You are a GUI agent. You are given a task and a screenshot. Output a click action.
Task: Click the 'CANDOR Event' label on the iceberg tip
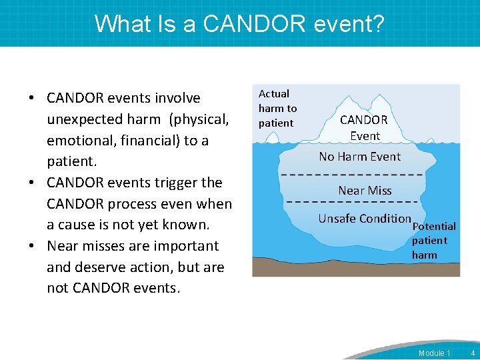[x=364, y=127]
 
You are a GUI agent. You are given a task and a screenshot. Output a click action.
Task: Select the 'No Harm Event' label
[x=359, y=157]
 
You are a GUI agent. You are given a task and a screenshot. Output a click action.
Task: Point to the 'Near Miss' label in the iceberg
[x=365, y=191]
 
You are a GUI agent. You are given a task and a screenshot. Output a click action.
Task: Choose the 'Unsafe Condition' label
[x=364, y=219]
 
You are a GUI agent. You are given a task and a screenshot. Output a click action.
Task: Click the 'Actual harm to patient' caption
[x=277, y=108]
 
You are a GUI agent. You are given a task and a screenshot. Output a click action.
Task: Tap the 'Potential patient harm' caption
[x=433, y=241]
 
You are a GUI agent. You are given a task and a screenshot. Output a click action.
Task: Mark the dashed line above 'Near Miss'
[x=353, y=175]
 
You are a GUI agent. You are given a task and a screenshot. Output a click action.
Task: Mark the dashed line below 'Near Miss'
[x=353, y=201]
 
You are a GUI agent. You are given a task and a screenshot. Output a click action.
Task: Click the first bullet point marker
[x=32, y=99]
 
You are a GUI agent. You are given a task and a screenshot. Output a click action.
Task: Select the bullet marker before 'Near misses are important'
[x=32, y=246]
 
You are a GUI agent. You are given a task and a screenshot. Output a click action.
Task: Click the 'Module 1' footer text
[x=434, y=353]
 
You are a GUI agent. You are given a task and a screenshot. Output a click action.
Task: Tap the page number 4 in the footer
[x=473, y=353]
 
